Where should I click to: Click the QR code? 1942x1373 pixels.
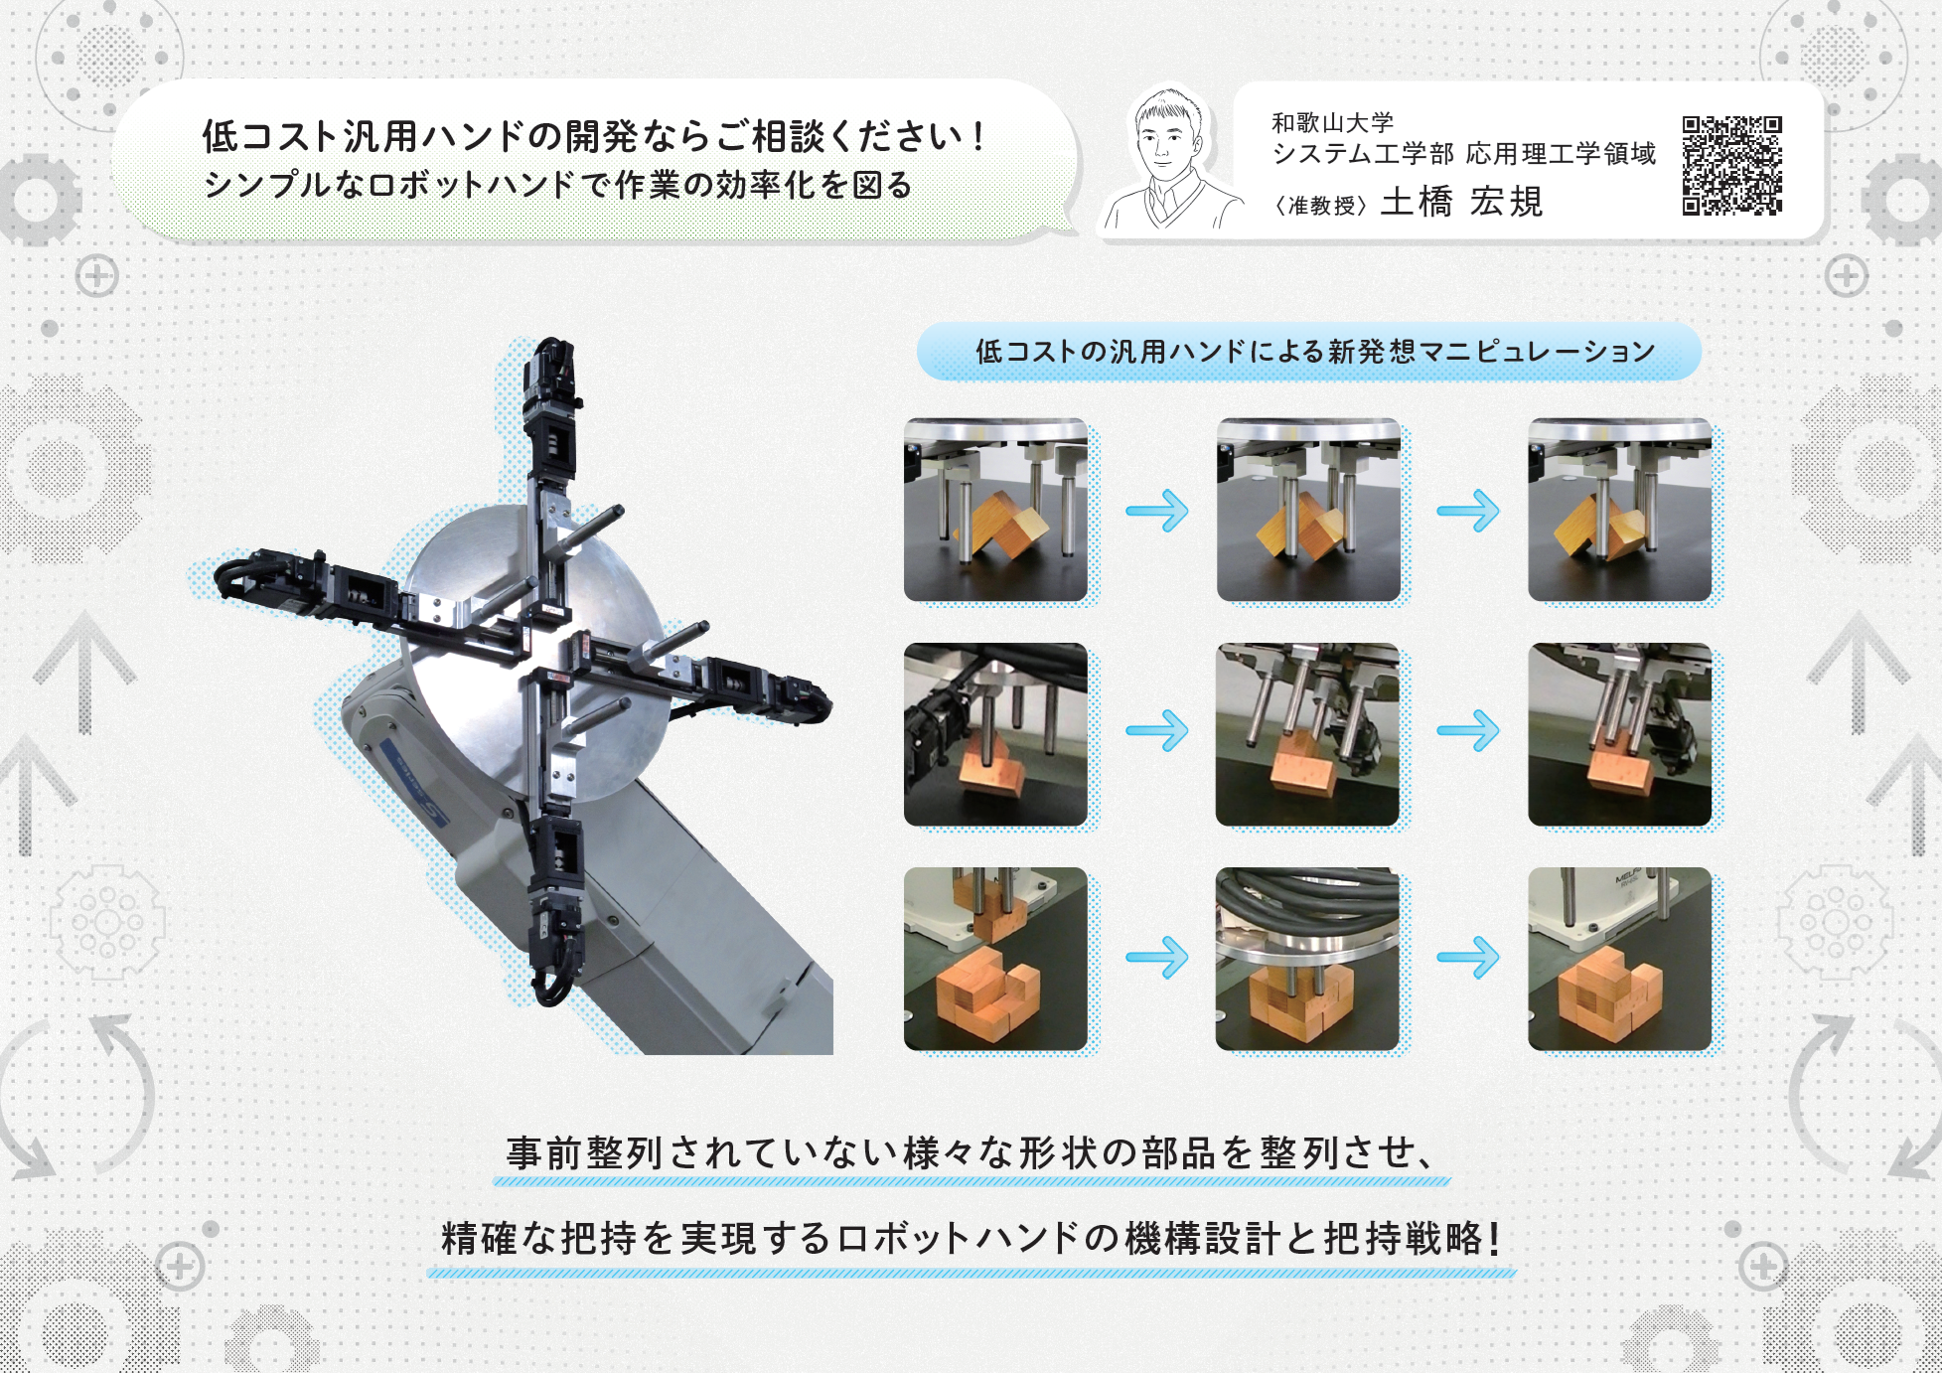click(1731, 165)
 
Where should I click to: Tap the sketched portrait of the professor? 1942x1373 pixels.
click(1169, 160)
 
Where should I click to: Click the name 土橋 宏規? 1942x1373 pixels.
click(1461, 202)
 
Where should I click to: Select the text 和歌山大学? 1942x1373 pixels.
click(1332, 122)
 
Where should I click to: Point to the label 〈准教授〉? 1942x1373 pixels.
click(1321, 205)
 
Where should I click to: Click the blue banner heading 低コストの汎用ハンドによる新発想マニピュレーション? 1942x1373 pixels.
click(1314, 351)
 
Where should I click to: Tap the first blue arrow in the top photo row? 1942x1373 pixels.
click(1157, 511)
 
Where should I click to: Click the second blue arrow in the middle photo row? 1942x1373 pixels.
click(1468, 730)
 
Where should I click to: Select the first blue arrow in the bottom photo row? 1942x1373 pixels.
click(1157, 958)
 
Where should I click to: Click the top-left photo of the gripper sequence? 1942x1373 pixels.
click(995, 510)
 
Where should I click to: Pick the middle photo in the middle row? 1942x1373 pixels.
click(1307, 734)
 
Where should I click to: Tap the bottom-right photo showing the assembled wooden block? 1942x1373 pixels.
click(1619, 959)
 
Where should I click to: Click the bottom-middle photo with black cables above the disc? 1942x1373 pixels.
click(1307, 959)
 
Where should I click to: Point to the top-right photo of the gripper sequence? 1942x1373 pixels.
click(1619, 510)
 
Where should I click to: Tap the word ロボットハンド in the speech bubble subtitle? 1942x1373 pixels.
click(471, 186)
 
